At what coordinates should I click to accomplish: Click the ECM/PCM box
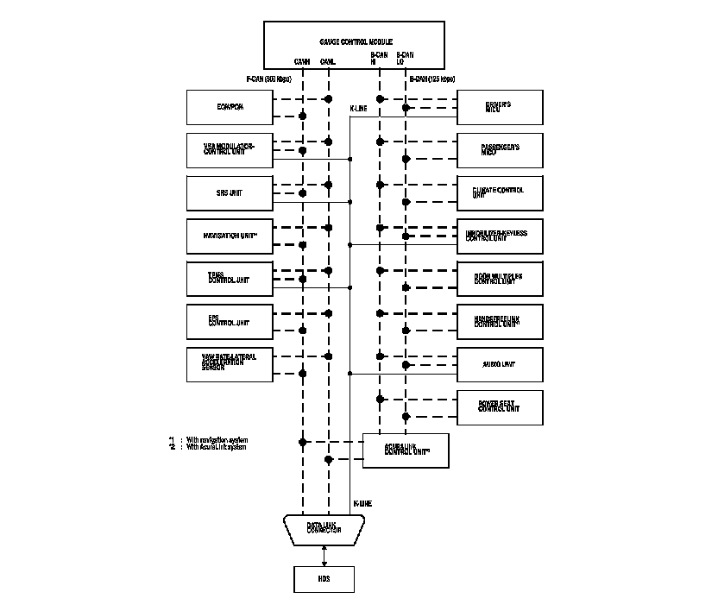[x=229, y=107]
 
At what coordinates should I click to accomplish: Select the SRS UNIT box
[x=229, y=192]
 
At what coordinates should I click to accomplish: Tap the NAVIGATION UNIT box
[x=229, y=236]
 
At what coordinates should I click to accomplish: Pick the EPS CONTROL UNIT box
[x=229, y=321]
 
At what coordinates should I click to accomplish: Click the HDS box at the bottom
[x=324, y=580]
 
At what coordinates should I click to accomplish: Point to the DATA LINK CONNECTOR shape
[x=324, y=529]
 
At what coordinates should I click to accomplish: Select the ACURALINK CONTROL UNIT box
[x=406, y=450]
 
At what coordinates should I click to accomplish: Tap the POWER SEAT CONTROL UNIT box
[x=500, y=406]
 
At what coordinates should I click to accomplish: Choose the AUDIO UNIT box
[x=500, y=364]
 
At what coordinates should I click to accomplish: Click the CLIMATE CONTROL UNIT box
[x=500, y=192]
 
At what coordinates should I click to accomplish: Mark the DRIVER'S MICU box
[x=500, y=107]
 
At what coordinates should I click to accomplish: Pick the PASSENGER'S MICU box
[x=500, y=150]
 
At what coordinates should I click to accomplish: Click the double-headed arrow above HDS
[x=324, y=556]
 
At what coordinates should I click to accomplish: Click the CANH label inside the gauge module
[x=302, y=62]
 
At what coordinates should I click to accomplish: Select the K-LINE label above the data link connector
[x=362, y=502]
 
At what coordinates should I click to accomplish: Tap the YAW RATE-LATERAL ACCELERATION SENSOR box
[x=229, y=364]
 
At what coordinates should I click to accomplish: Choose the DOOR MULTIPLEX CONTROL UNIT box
[x=500, y=278]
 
